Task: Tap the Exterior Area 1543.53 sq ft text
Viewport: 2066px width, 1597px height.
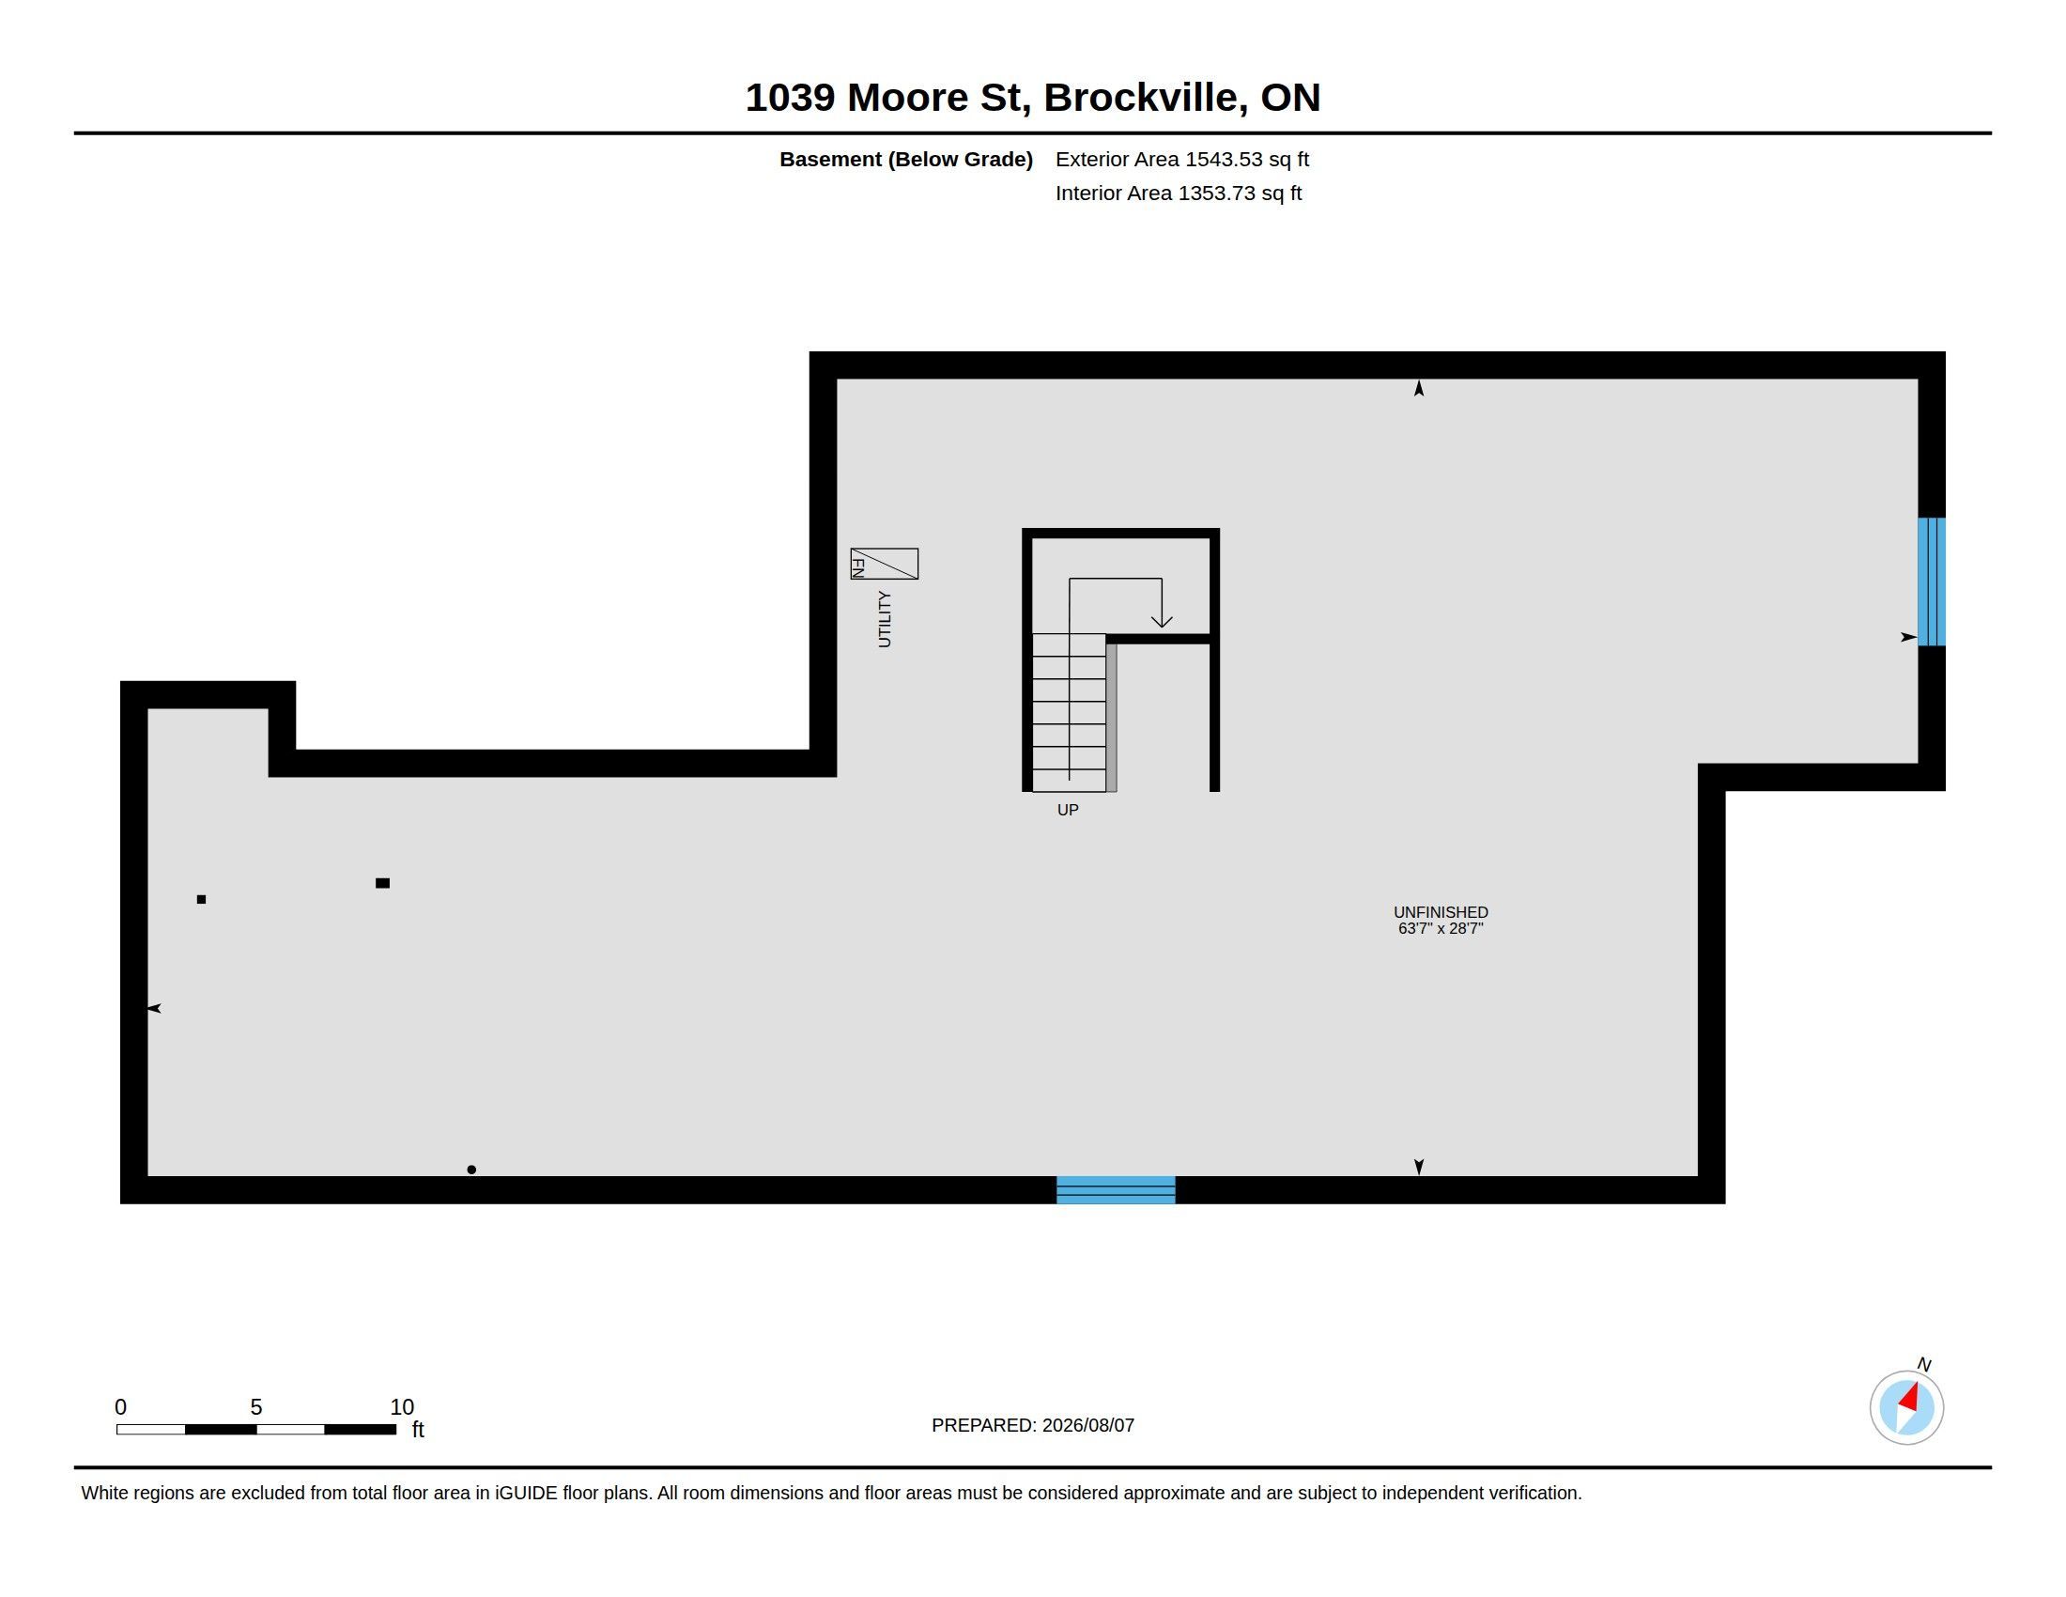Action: point(1181,159)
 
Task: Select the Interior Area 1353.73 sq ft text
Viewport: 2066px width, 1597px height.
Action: point(1178,193)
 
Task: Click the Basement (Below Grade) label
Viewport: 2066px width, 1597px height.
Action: point(905,159)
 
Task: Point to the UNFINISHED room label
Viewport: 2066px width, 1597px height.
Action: point(1440,912)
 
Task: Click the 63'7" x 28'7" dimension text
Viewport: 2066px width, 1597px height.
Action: point(1440,928)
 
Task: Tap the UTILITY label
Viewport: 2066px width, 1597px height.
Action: point(885,619)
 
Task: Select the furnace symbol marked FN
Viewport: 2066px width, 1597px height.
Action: point(884,564)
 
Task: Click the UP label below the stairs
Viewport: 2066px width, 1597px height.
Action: point(1067,810)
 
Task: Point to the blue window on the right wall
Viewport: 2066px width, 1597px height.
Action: point(1931,581)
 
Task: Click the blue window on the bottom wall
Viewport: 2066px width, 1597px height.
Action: point(1116,1189)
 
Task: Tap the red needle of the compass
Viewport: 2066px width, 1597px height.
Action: point(1909,1396)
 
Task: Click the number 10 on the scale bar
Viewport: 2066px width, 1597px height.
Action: point(402,1407)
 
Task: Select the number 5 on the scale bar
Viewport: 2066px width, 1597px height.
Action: point(255,1407)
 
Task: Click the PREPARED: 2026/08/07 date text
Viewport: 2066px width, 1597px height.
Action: point(1032,1425)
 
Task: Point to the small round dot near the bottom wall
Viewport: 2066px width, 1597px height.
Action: point(471,1170)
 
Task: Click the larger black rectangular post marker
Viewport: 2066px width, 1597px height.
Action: point(382,883)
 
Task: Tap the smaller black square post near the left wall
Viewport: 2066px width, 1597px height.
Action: point(201,899)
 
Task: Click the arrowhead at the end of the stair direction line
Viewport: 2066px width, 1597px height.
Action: point(1162,621)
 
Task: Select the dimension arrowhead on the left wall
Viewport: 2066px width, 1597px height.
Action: point(154,1009)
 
